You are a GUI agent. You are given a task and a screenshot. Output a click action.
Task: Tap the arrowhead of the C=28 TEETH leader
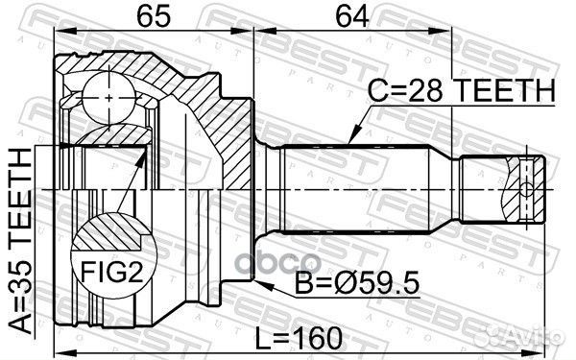point(352,140)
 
